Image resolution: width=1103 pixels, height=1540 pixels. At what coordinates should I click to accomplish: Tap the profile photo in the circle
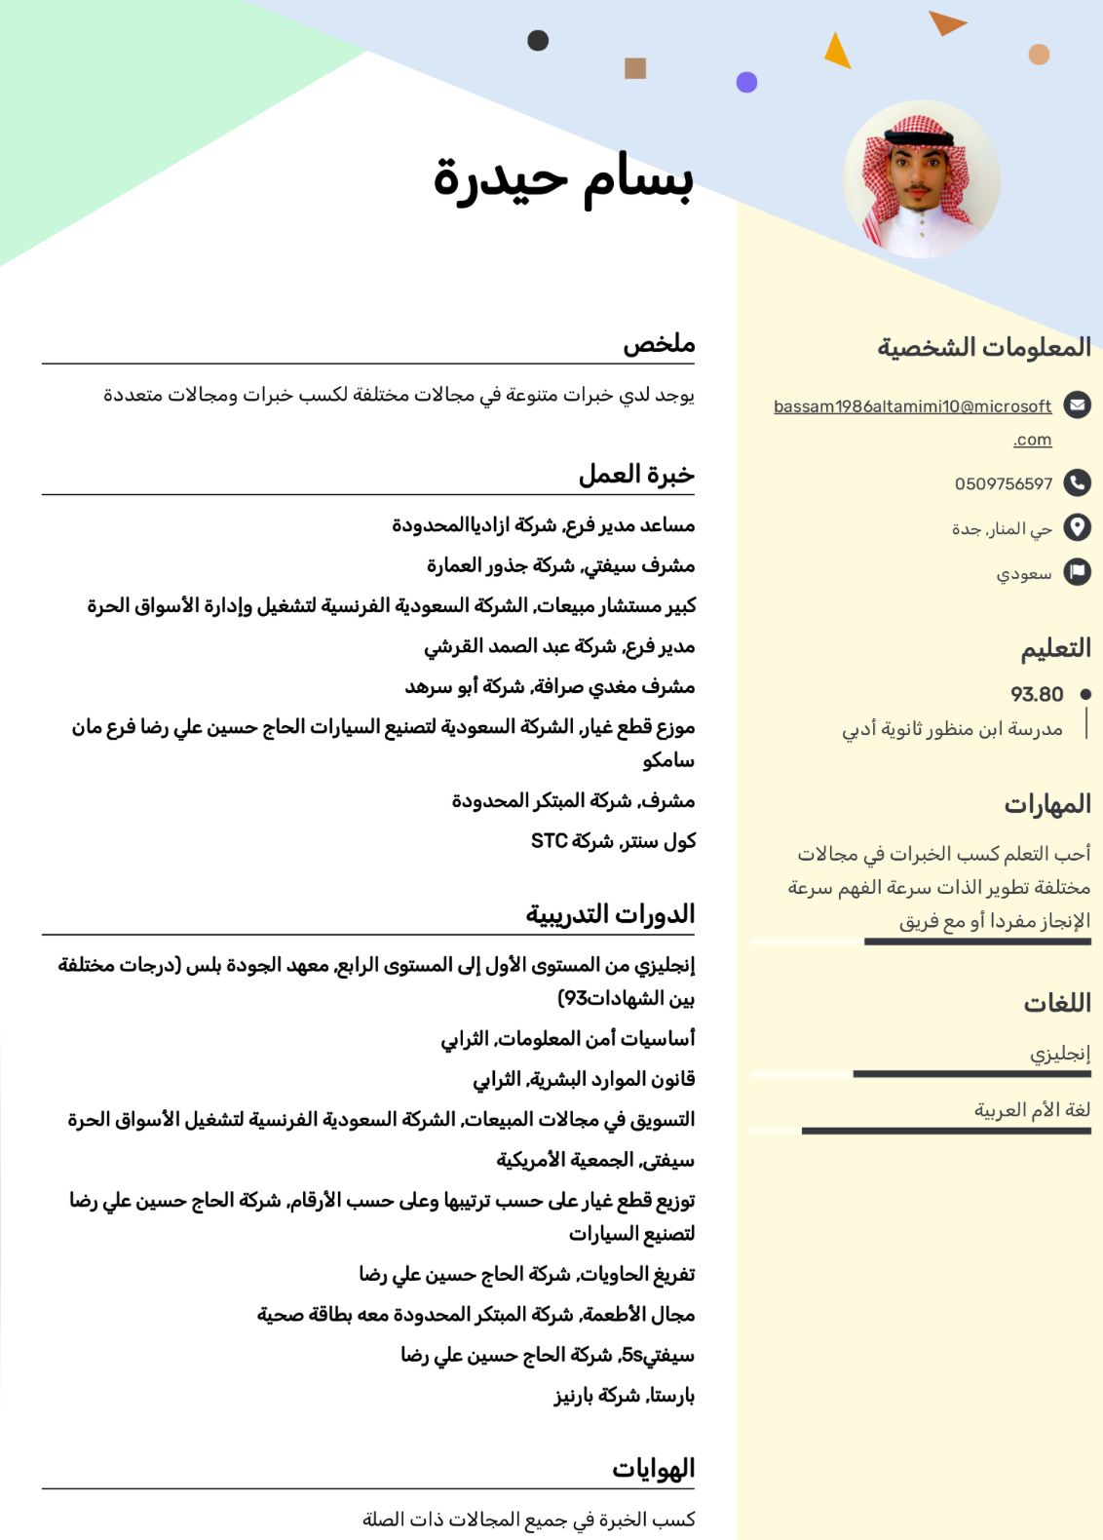click(x=921, y=179)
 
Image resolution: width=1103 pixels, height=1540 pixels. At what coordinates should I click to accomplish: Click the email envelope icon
click(x=1077, y=404)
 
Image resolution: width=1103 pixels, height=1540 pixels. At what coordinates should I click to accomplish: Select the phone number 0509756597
click(x=1003, y=483)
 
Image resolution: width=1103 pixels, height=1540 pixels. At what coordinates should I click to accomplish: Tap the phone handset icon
click(x=1077, y=481)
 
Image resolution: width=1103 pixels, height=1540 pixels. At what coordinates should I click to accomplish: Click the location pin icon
click(x=1077, y=527)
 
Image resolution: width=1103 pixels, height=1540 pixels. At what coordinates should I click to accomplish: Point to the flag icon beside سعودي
click(x=1077, y=572)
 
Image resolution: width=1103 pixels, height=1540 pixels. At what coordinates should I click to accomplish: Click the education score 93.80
click(x=1037, y=694)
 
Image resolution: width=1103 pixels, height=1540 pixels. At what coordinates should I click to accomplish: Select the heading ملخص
click(x=659, y=344)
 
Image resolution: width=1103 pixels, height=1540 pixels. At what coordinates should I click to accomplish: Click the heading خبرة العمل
click(x=636, y=475)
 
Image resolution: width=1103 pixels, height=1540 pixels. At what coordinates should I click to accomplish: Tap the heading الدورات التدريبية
click(x=610, y=914)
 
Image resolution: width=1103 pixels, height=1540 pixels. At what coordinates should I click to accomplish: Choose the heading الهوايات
click(x=653, y=1469)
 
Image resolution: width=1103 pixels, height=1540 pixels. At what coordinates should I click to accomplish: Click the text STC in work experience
click(x=549, y=840)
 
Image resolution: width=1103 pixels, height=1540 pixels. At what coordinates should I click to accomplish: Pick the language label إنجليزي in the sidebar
click(x=1060, y=1054)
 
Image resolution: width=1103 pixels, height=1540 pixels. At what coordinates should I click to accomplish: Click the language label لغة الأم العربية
click(x=1032, y=1109)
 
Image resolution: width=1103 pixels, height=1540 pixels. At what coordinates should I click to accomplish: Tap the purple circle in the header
click(x=746, y=82)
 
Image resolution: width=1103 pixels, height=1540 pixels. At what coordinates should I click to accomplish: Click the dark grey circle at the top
click(x=538, y=40)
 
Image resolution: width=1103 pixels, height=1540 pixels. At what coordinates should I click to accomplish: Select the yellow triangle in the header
click(x=837, y=52)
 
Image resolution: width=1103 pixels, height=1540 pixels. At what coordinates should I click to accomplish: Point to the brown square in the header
click(x=635, y=67)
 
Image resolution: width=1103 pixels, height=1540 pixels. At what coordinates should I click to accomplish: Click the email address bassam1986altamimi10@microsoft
click(x=912, y=406)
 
